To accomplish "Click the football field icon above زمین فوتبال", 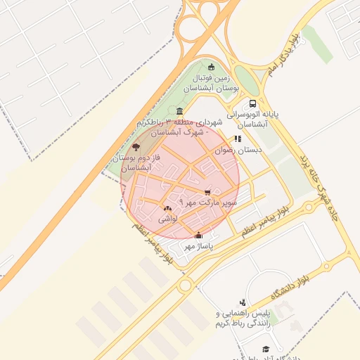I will (211, 67).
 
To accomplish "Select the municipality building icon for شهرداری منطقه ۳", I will (181, 111).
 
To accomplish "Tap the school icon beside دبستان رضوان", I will (238, 139).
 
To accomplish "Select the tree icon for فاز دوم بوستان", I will (136, 148).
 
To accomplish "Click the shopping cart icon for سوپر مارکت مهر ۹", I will (207, 192).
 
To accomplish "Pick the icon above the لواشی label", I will (167, 208).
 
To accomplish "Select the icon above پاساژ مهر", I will (198, 236).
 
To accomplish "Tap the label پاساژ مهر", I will (198, 247).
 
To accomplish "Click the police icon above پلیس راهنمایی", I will (243, 301).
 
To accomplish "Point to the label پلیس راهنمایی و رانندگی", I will (243, 318).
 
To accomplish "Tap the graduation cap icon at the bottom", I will (266, 349).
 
